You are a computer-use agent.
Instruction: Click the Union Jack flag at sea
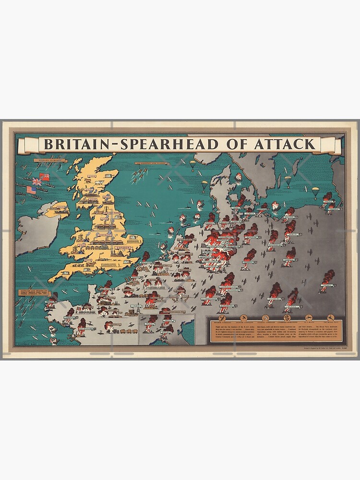tap(36, 182)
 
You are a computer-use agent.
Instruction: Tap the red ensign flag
tap(45, 177)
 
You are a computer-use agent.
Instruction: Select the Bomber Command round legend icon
tap(222, 318)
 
